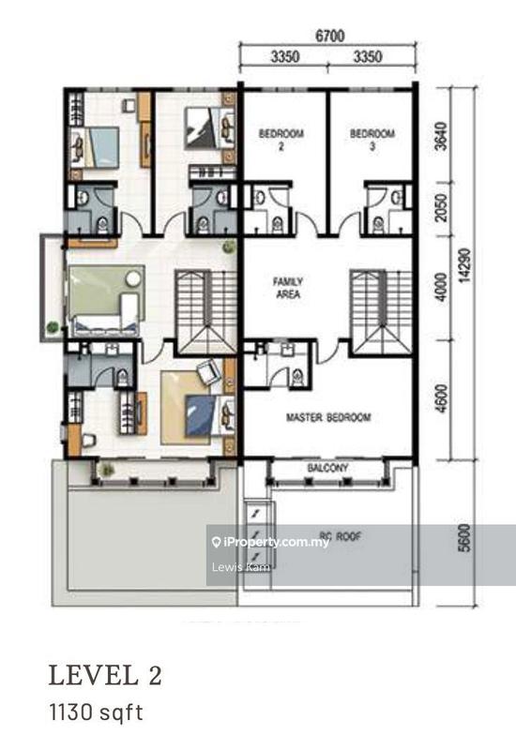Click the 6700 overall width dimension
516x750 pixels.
tap(326, 37)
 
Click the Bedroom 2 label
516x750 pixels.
tap(281, 139)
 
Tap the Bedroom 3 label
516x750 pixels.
tap(372, 139)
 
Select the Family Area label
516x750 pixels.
tap(286, 287)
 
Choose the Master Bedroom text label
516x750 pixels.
tap(327, 417)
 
